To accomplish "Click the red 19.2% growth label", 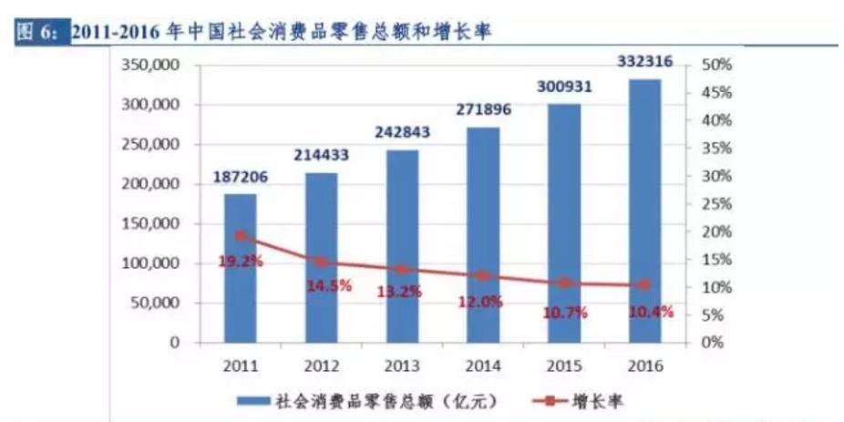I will [x=240, y=261].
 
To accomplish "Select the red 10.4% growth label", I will [x=650, y=312].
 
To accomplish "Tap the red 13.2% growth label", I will [x=401, y=292].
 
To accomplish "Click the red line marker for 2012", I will [x=321, y=262].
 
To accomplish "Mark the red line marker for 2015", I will [x=564, y=283].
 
